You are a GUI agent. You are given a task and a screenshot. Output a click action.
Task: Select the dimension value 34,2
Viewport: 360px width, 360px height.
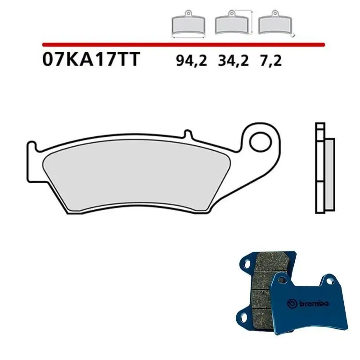[233, 61]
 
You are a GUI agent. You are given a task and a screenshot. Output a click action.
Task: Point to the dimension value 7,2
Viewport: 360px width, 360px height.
[270, 61]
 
